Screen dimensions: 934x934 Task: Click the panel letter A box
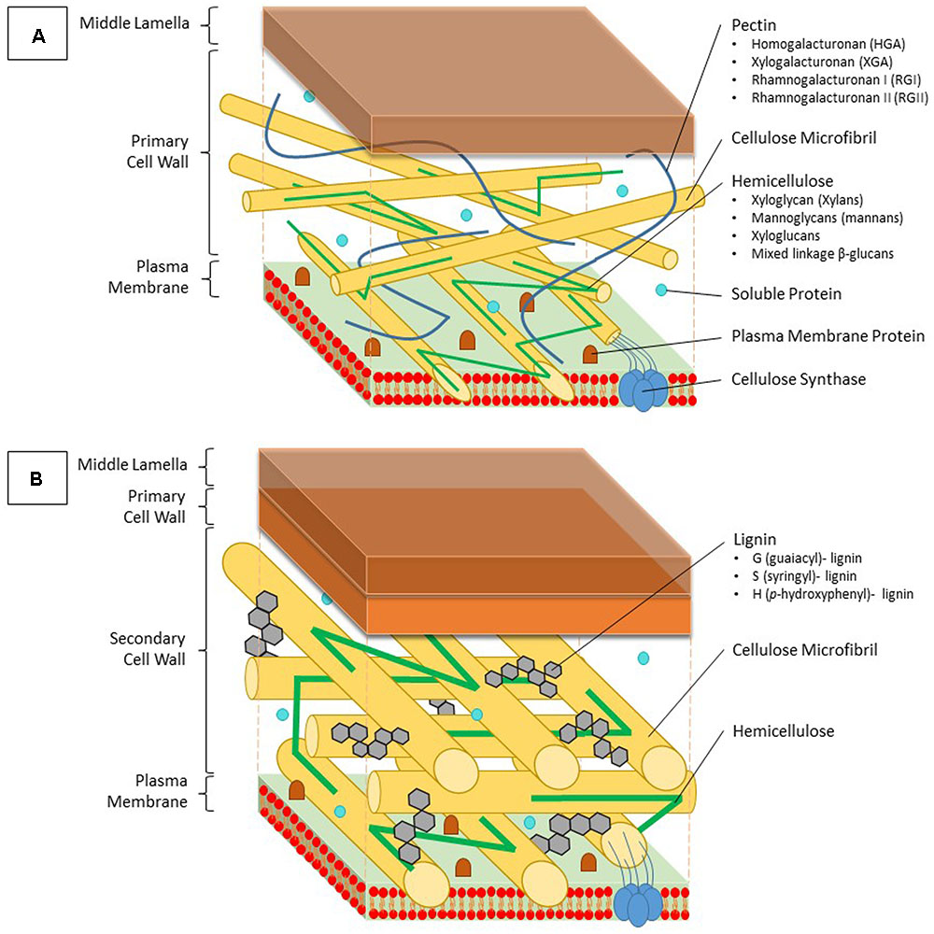tap(38, 36)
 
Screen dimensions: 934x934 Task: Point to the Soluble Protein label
tap(785, 294)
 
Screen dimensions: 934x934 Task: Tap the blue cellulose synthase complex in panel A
tap(644, 389)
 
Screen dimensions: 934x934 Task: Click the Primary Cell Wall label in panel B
tap(157, 506)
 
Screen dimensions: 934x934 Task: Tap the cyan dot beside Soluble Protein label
tap(662, 290)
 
